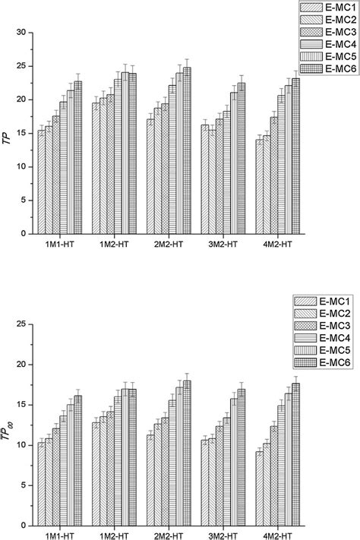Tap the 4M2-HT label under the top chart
(275, 246)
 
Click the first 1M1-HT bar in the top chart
(42, 182)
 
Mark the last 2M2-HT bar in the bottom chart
(186, 453)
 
